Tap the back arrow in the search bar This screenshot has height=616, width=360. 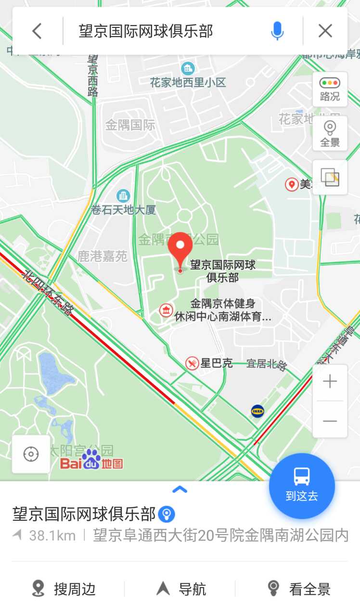coord(37,31)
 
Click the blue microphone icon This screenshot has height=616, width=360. coord(277,31)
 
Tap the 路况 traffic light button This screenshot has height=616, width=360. coord(330,89)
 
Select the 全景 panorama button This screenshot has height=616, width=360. coord(330,133)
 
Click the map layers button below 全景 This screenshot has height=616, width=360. coord(330,178)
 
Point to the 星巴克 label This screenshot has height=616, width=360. coord(216,363)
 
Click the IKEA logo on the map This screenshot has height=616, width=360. coord(257,411)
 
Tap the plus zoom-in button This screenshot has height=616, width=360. coord(330,382)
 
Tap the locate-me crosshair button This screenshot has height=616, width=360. coord(31,454)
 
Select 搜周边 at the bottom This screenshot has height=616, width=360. coord(64,589)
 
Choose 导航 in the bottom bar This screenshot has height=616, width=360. coord(181,589)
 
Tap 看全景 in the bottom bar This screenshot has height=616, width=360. coord(299,589)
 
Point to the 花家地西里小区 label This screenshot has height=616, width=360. coord(188,82)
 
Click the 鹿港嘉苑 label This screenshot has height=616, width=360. coord(102,256)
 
